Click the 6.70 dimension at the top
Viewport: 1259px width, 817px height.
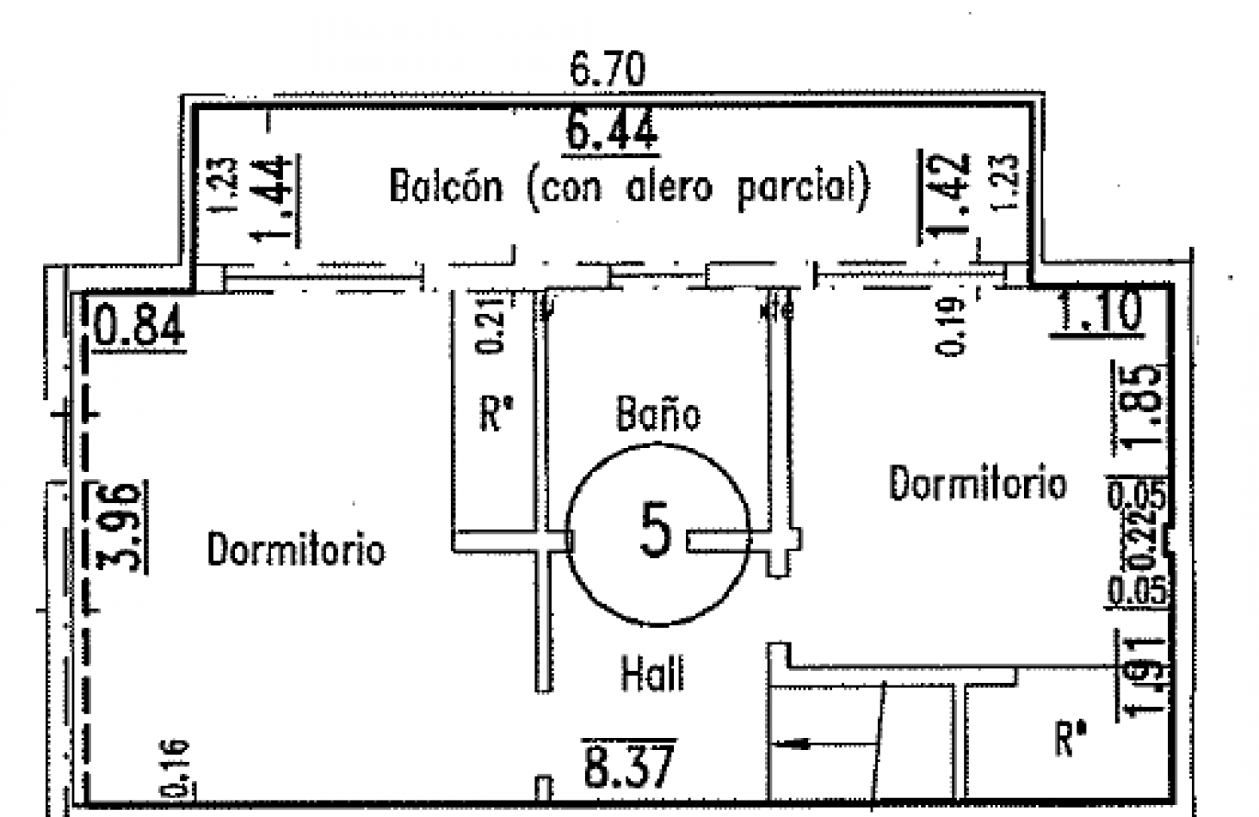coord(608,70)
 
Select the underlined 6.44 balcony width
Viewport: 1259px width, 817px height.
coord(611,131)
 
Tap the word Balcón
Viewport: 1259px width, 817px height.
coord(446,187)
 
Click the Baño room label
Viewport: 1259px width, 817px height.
coord(658,415)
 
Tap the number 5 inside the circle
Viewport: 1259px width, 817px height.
coord(655,530)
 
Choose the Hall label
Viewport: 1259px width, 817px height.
coord(653,673)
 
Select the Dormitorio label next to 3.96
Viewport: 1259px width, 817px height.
coord(296,549)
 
